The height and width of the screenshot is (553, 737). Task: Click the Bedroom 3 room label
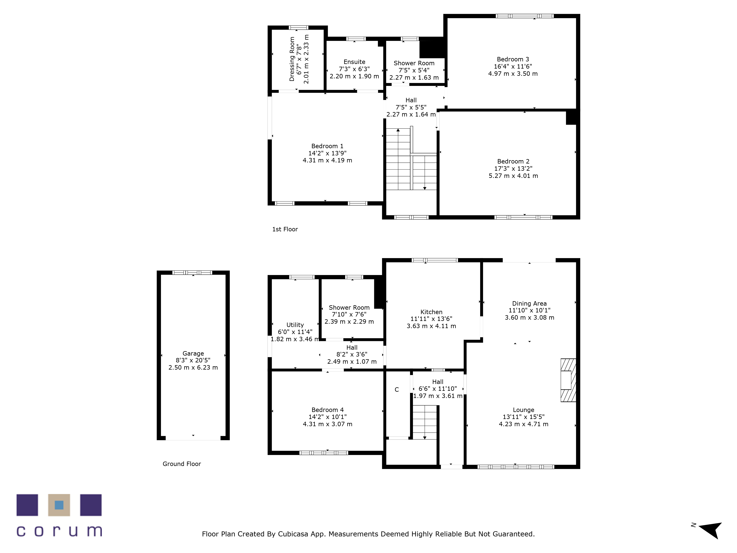point(513,59)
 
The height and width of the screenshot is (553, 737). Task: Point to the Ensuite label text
point(354,62)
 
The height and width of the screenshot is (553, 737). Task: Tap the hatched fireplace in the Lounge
point(568,380)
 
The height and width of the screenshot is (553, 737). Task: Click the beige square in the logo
point(59,505)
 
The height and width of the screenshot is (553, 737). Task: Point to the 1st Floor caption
point(285,229)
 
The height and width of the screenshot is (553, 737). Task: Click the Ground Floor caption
point(182,464)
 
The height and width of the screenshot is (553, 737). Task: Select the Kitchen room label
point(431,312)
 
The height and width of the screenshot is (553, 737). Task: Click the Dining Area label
point(529,304)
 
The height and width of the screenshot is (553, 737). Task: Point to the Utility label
point(295,325)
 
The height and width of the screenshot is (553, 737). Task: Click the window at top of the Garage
point(192,273)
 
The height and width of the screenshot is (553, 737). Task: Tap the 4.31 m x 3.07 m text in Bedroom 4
point(327,424)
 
